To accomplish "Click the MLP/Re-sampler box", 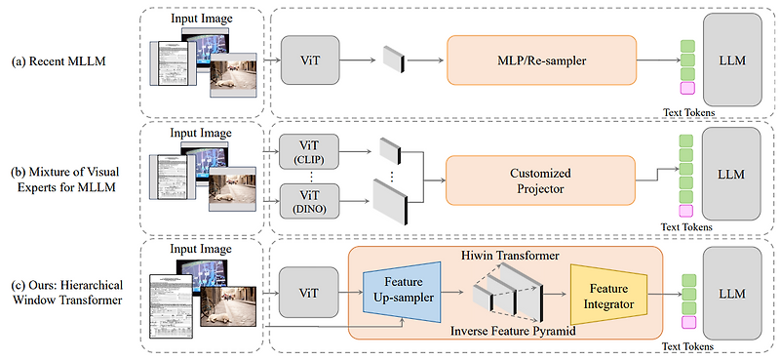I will [541, 60].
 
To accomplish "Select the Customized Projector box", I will [541, 180].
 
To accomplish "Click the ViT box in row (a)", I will [308, 60].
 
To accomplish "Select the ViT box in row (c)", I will [308, 293].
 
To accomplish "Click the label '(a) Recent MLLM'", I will [58, 61].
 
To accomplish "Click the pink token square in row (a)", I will [686, 89].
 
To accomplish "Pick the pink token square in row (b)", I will [686, 211].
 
